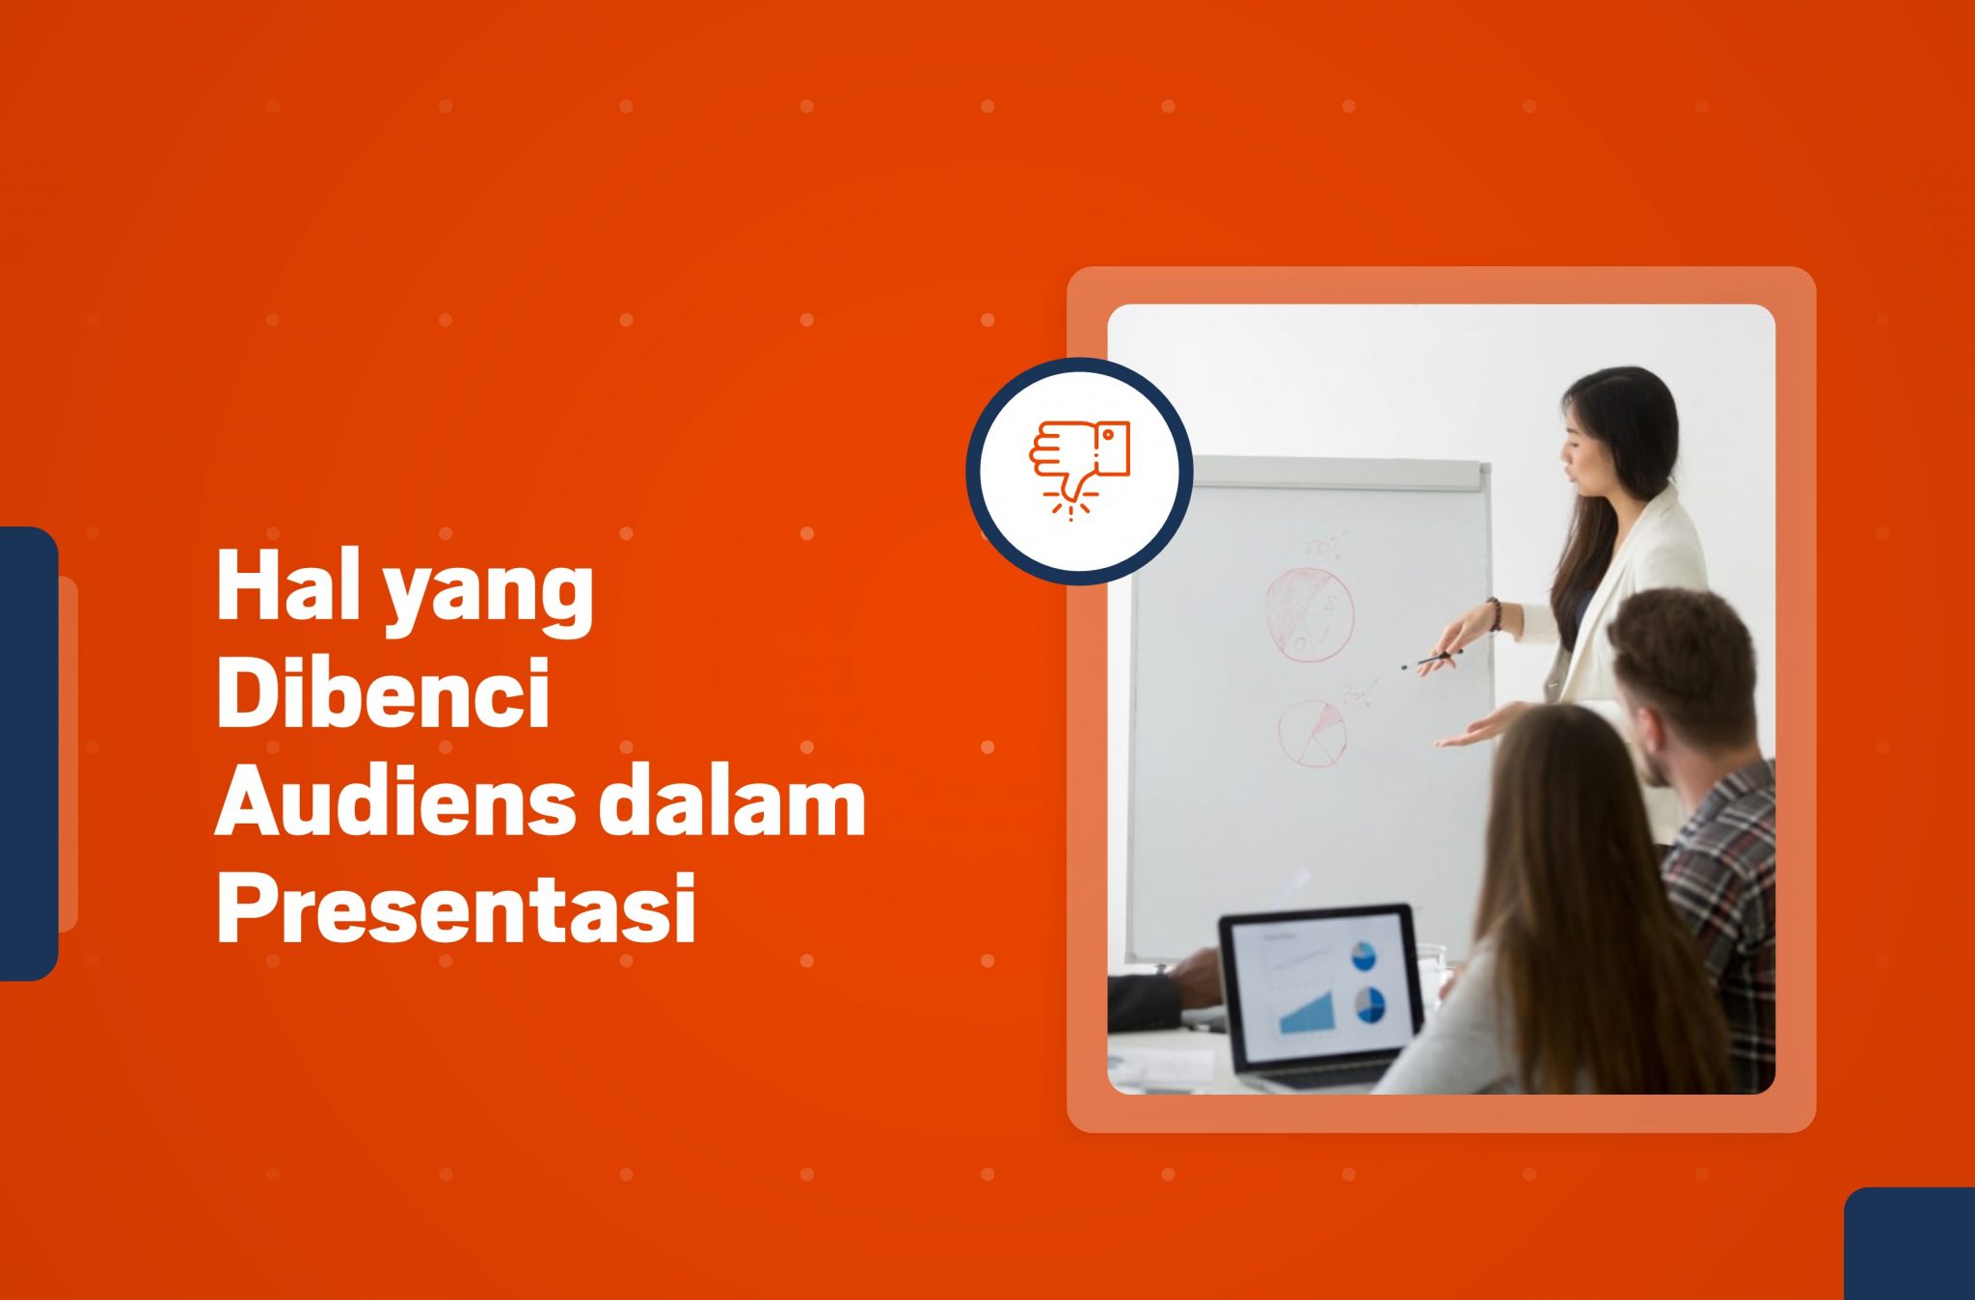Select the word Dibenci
383,692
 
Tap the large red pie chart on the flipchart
1309,614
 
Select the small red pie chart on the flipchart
1312,733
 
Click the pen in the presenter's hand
1431,660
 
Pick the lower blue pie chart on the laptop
1369,1005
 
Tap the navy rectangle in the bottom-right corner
1909,1243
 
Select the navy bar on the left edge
29,753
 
